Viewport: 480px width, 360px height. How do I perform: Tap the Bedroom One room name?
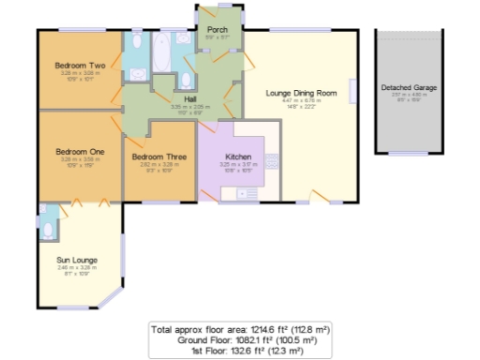tap(79, 151)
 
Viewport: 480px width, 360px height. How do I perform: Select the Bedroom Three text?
tap(153, 156)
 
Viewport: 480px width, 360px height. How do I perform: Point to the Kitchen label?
tap(237, 156)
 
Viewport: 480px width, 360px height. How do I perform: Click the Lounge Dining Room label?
tap(300, 93)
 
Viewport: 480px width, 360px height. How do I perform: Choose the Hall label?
tap(190, 98)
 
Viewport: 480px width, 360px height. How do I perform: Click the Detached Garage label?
tap(409, 87)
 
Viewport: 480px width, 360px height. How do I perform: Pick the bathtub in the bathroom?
tap(162, 53)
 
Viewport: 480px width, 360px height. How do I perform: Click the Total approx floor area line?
tap(240, 330)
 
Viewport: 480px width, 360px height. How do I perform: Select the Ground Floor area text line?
tap(246, 339)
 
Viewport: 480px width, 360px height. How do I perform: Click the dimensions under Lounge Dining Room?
tap(300, 102)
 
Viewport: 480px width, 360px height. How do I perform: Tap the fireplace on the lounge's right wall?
tap(354, 92)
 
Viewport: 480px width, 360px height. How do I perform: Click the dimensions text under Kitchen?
tap(237, 167)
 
